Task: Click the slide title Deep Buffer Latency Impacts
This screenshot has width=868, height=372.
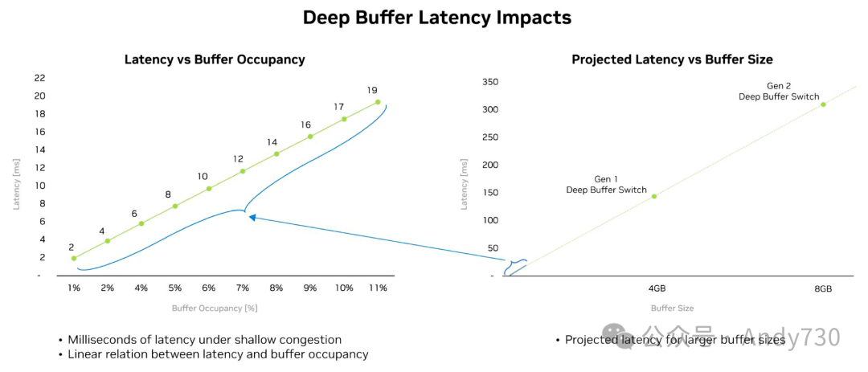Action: [436, 17]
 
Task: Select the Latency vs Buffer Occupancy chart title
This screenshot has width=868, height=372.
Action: [214, 59]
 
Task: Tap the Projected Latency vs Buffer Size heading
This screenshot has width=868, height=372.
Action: [672, 59]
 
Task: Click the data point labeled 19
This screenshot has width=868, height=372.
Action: [378, 102]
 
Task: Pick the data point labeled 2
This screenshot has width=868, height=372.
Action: [74, 258]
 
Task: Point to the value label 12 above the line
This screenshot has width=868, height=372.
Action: [238, 159]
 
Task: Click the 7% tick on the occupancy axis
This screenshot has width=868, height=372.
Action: [243, 288]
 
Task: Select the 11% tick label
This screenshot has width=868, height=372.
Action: [377, 288]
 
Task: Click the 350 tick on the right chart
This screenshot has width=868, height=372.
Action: [489, 82]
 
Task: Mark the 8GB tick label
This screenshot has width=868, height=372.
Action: [823, 288]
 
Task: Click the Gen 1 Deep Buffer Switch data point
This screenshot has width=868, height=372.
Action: [654, 196]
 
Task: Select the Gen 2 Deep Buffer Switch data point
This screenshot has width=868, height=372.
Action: [823, 104]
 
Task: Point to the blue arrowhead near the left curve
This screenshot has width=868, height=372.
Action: [252, 217]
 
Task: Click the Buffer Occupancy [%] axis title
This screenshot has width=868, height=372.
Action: [214, 308]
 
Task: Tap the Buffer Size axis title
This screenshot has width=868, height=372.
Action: [672, 308]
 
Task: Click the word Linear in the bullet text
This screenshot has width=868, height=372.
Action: [85, 354]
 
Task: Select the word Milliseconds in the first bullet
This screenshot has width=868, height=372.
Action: [103, 340]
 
